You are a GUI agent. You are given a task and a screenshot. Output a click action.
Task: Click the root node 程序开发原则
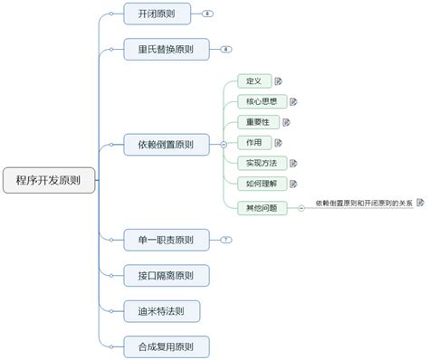click(x=48, y=179)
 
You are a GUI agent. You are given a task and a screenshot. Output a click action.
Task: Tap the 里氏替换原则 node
click(x=166, y=49)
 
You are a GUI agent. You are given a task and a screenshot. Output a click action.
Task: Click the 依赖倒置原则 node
click(x=166, y=144)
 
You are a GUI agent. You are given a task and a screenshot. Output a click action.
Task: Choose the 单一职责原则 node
click(x=166, y=240)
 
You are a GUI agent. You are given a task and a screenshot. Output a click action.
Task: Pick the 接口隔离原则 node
click(x=166, y=275)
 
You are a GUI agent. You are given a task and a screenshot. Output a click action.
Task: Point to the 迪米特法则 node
click(x=161, y=310)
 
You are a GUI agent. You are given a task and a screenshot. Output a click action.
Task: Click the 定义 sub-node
click(x=253, y=81)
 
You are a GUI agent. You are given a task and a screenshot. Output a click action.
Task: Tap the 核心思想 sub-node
click(x=261, y=101)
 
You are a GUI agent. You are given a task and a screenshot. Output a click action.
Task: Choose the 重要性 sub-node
click(x=257, y=122)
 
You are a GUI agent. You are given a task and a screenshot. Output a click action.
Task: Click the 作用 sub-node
click(x=253, y=143)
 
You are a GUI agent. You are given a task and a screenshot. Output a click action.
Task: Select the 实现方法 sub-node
click(x=261, y=163)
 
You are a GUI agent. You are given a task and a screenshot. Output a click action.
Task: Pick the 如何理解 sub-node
click(x=261, y=184)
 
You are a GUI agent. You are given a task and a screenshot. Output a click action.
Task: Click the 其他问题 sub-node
click(x=261, y=207)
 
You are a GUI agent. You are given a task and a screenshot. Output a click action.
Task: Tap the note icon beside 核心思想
click(x=293, y=101)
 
